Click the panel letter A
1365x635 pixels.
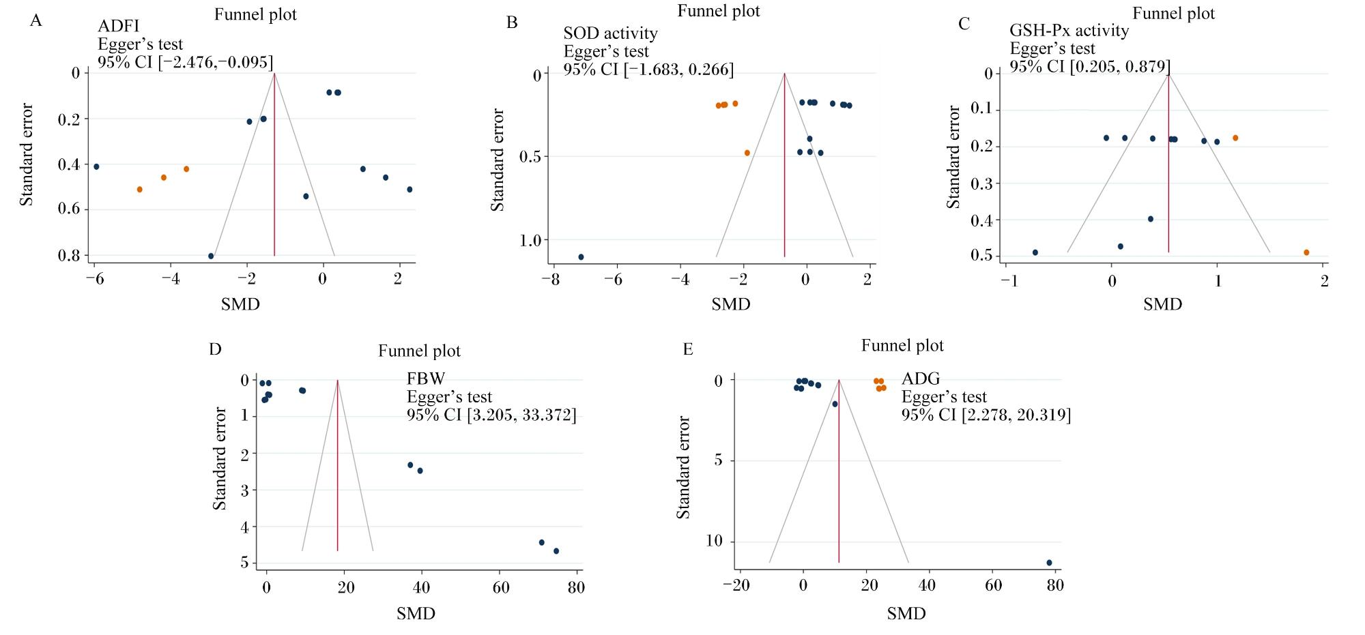point(36,21)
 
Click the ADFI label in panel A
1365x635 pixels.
point(118,27)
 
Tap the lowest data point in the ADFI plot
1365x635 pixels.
point(211,256)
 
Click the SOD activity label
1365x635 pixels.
point(610,33)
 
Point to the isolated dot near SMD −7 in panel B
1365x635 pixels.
point(581,257)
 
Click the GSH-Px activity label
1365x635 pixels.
point(1069,31)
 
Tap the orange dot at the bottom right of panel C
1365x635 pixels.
point(1306,252)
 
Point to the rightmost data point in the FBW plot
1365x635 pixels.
point(556,551)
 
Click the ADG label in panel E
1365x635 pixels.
point(921,379)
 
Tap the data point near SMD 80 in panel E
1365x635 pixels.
point(1049,563)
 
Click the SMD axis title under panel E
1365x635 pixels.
point(906,614)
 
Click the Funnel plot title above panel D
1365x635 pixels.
point(420,351)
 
